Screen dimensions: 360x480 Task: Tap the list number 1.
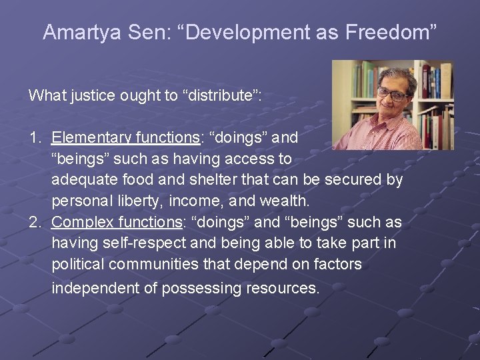[34, 138]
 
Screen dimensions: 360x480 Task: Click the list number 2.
[34, 222]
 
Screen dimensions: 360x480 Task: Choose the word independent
[93, 288]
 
